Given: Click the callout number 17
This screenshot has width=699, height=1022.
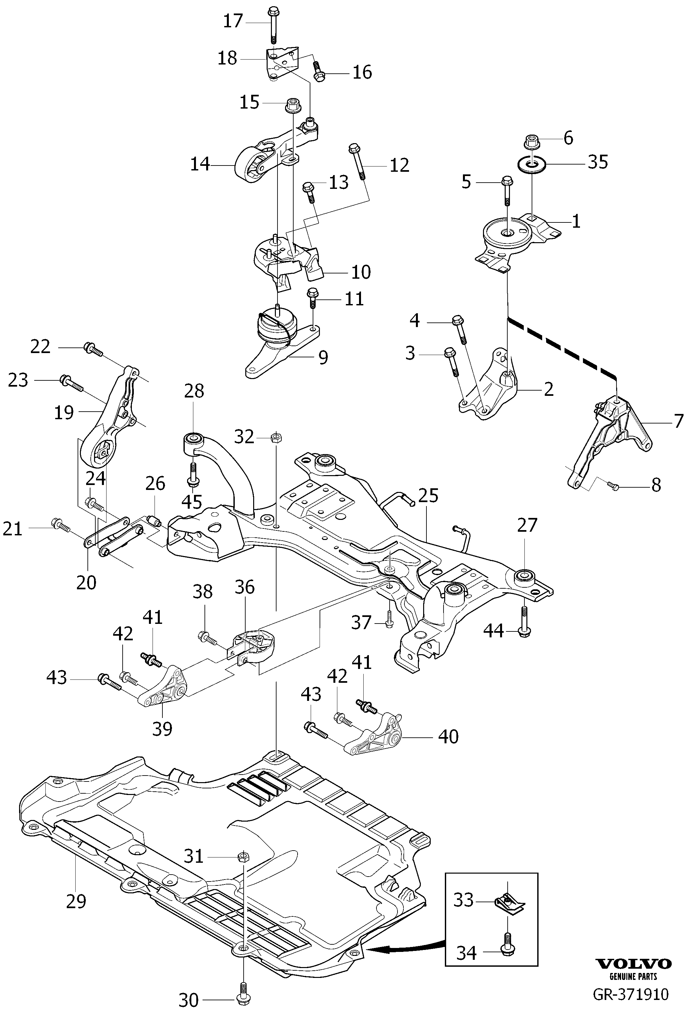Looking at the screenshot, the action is coord(233,21).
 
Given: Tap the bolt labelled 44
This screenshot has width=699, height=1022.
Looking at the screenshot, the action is coord(525,621).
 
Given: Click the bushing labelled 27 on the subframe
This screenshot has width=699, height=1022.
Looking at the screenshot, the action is coord(525,576).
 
